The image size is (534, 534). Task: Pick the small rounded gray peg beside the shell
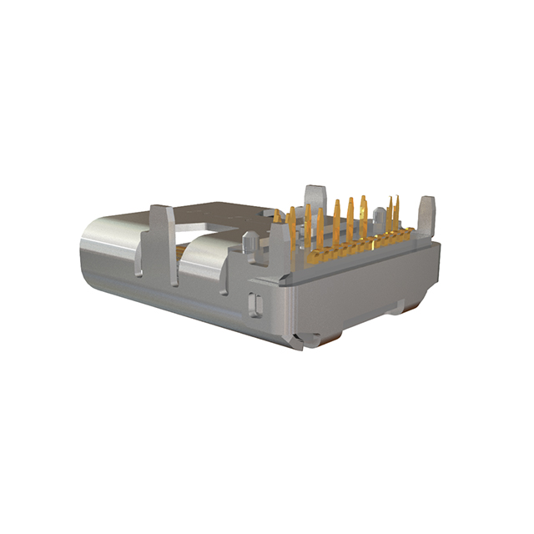(x=249, y=243)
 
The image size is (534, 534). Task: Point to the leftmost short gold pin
(x=277, y=219)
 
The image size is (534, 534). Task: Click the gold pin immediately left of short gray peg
(x=363, y=219)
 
